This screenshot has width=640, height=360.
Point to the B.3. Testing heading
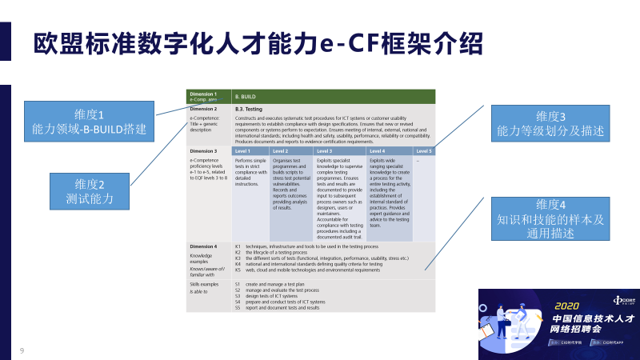(249, 109)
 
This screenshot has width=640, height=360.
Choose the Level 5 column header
(424, 150)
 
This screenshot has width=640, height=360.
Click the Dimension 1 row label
(204, 96)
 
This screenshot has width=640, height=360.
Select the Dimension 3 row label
(204, 150)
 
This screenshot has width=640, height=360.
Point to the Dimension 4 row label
(204, 246)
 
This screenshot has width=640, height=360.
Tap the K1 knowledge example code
(238, 246)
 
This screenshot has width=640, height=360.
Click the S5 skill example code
(238, 307)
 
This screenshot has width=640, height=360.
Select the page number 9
(22, 350)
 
